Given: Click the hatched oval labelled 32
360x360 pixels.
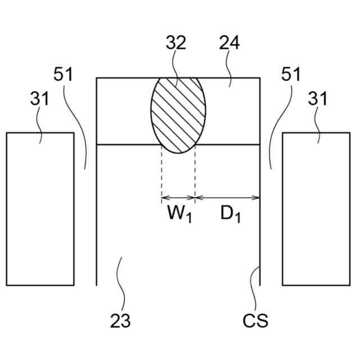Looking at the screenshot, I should click(x=178, y=115).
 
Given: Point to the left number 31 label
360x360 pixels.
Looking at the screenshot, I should click(x=39, y=99).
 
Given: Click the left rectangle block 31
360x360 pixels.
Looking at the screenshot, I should click(x=40, y=209).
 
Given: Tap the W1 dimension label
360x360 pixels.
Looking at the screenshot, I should click(x=179, y=214).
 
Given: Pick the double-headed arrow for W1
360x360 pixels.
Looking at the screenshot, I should click(x=178, y=197).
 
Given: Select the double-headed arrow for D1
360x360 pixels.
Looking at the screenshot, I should click(x=227, y=197).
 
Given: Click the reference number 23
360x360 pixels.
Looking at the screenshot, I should click(x=120, y=321).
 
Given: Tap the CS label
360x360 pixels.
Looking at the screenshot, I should click(x=255, y=321).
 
